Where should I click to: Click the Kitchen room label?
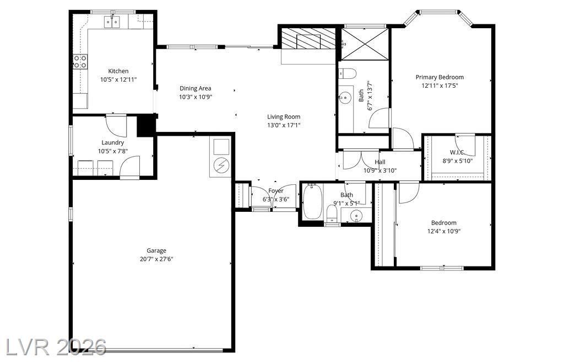(x=118, y=71)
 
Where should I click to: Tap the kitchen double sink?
(x=112, y=22)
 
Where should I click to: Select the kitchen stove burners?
(x=80, y=62)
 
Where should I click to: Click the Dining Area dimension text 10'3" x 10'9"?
(x=196, y=97)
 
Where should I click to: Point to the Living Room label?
(x=284, y=117)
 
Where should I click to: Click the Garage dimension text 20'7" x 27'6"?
(x=156, y=259)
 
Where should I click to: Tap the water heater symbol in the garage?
(x=220, y=166)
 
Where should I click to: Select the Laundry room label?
(x=112, y=142)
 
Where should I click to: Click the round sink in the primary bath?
(x=345, y=97)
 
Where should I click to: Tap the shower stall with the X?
(x=365, y=44)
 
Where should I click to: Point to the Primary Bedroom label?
(x=440, y=77)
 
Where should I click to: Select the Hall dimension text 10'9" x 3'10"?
(x=380, y=170)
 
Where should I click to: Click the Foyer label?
(x=276, y=190)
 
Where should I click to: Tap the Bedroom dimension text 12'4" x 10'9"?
(x=444, y=231)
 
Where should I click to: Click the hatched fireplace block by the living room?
(x=308, y=38)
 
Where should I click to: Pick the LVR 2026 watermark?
(x=53, y=347)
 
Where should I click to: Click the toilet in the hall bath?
(x=332, y=214)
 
